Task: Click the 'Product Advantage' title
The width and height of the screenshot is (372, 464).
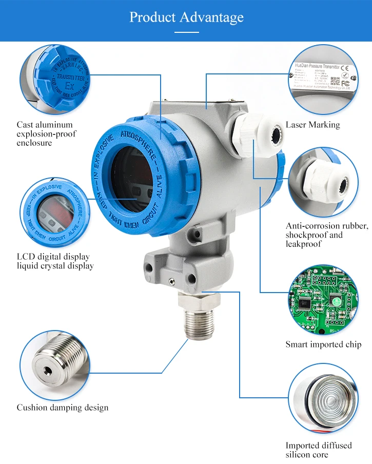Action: (186, 17)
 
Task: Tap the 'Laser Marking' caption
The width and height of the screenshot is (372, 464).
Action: (312, 125)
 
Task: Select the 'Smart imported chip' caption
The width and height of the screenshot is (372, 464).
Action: (323, 344)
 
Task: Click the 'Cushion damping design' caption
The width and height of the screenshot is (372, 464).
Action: (63, 408)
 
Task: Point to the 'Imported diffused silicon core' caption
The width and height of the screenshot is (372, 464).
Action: (319, 450)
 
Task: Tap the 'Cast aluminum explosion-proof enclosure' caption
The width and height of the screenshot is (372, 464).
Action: (46, 133)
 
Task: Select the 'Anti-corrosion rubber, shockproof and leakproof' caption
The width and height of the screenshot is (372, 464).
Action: (327, 235)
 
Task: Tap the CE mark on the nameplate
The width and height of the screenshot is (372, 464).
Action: (345, 67)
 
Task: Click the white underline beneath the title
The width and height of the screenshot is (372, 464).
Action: (186, 32)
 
